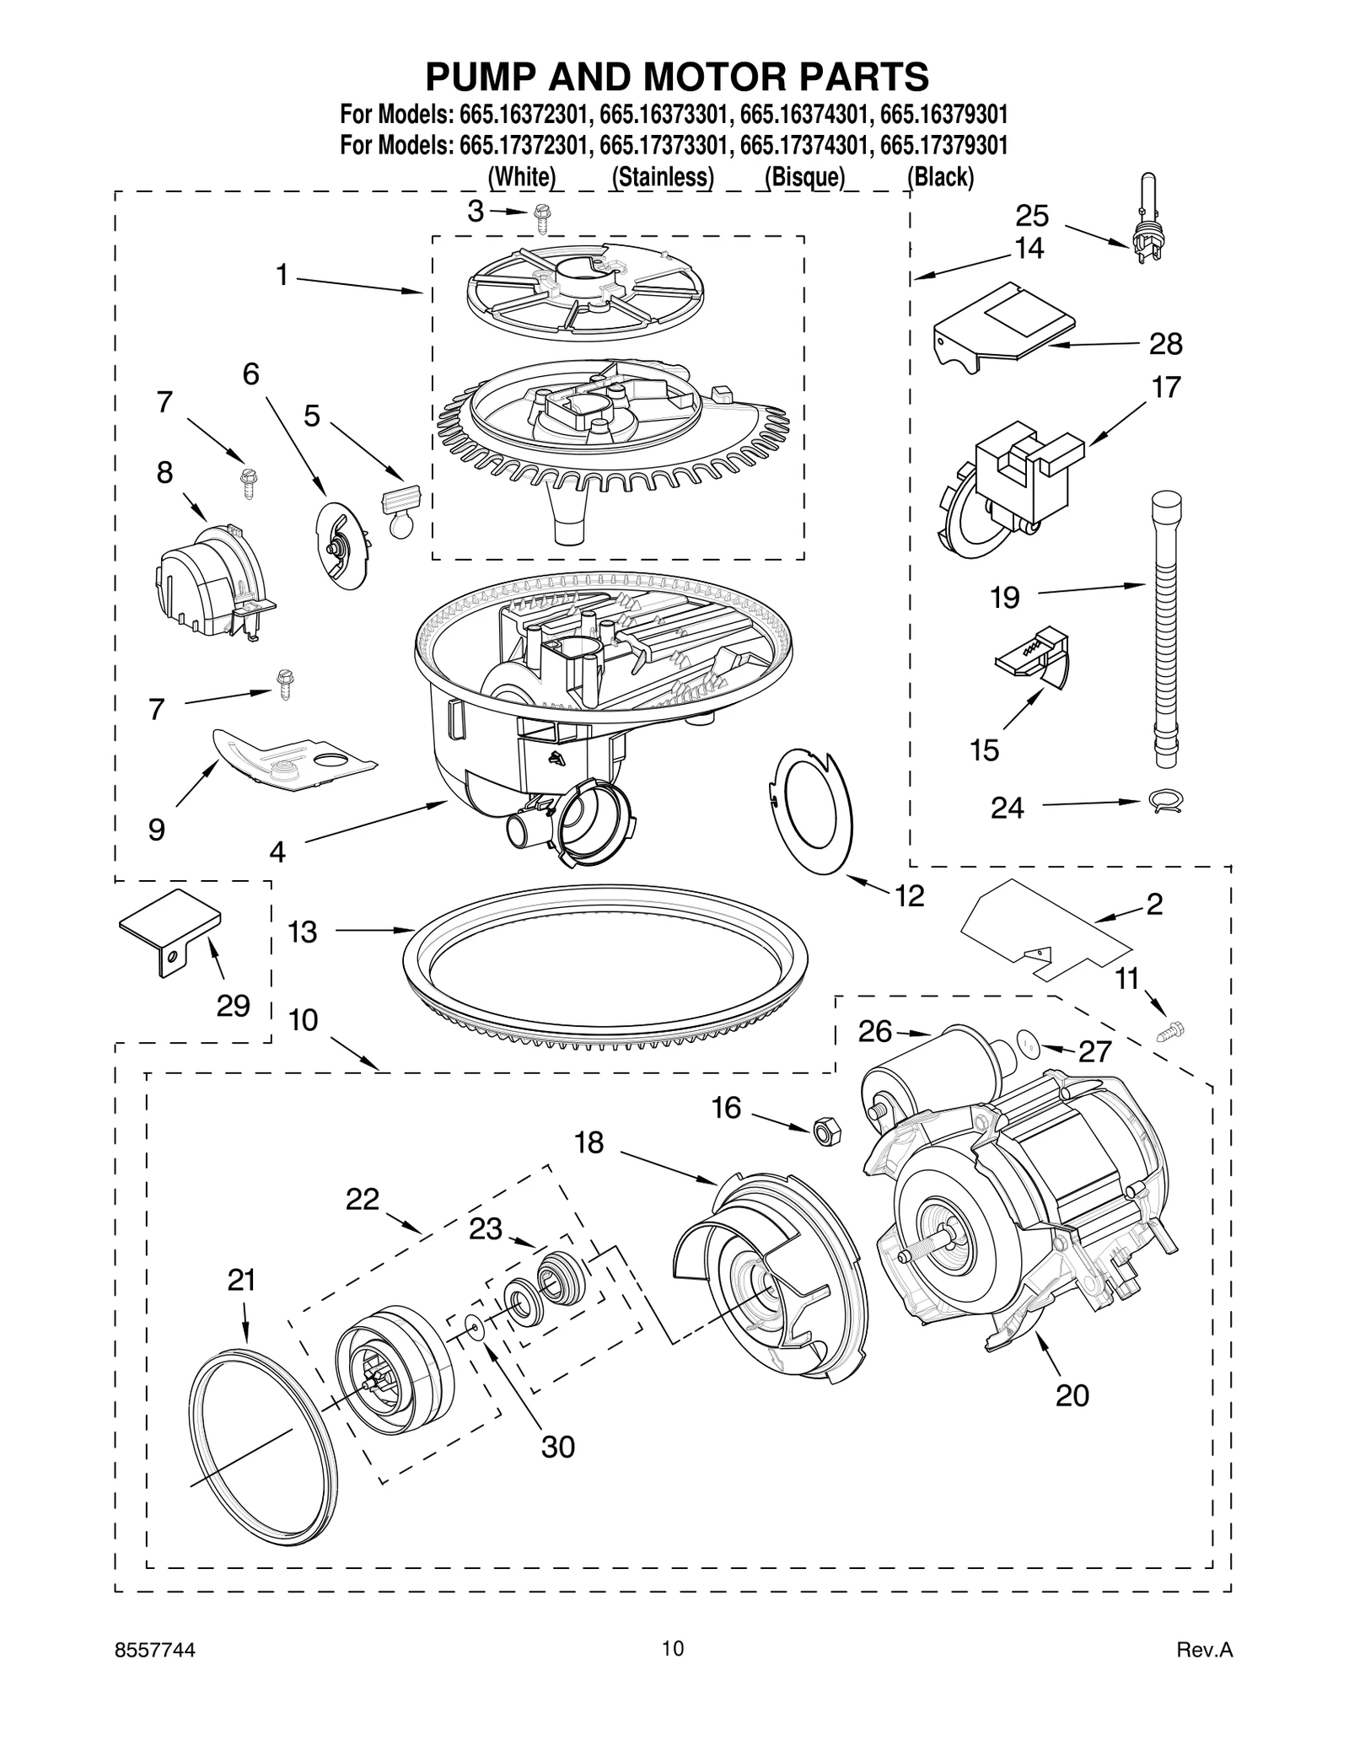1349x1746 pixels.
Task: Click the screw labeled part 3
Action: click(x=540, y=221)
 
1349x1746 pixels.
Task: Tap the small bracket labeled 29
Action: click(x=171, y=929)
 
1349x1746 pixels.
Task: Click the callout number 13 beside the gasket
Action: click(x=302, y=932)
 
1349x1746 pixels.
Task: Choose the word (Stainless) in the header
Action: click(x=663, y=177)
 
